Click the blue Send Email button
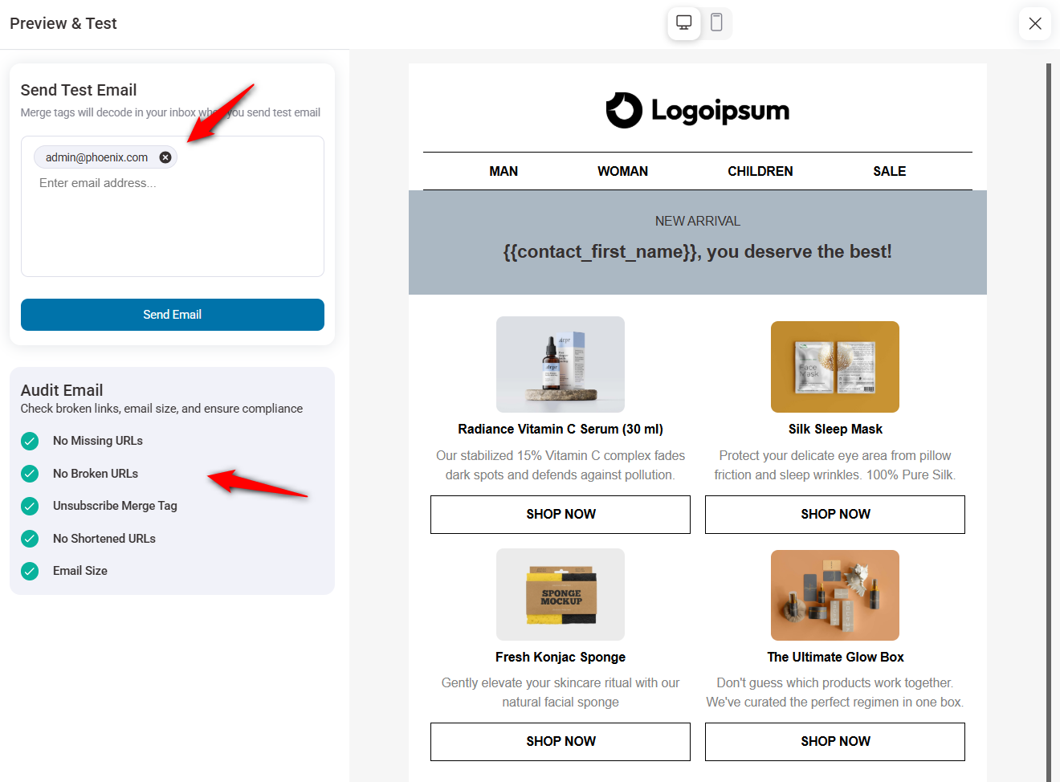172,315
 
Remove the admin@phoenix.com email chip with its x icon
165,157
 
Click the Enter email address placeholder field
98,183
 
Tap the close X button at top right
1034,23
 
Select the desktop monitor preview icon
684,22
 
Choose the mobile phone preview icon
717,22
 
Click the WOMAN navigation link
622,171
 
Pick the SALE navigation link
889,171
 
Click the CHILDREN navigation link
760,171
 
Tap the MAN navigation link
503,171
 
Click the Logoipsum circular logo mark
624,111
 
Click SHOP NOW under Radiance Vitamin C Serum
561,514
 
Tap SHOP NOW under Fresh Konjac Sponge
561,741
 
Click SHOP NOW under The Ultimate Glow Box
835,741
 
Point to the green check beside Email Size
30,571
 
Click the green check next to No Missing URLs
30,441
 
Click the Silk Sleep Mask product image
835,367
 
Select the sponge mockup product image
561,595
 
